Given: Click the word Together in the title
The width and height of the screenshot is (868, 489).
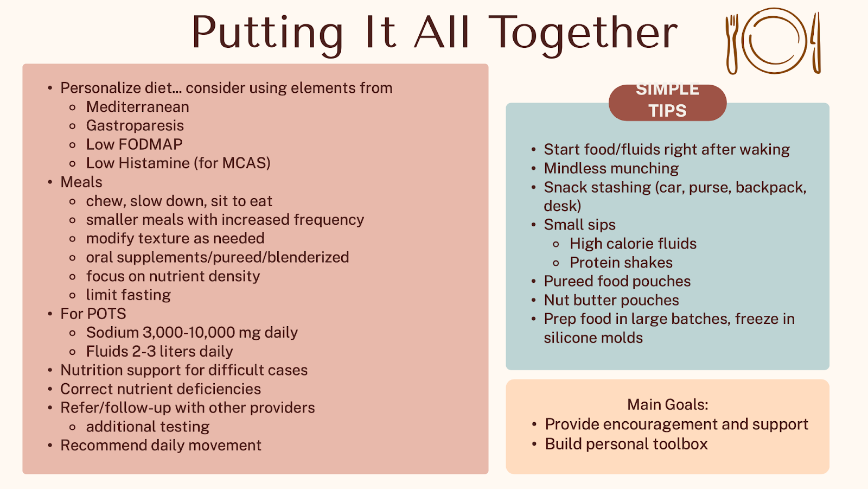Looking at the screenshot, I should [583, 33].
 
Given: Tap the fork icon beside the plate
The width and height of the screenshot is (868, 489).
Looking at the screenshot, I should [732, 43].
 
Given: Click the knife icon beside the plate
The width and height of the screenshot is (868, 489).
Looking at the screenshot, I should [815, 43].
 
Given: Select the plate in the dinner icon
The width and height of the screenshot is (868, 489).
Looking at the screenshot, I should [774, 41].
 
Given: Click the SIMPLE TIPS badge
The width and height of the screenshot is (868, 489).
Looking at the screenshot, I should [667, 102].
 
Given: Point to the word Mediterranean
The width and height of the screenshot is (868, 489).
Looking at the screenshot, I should [137, 107].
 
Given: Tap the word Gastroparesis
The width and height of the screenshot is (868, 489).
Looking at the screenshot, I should [135, 125].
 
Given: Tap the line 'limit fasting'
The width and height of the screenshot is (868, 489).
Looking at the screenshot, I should [128, 295].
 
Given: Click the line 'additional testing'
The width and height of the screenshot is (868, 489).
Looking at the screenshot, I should [148, 427].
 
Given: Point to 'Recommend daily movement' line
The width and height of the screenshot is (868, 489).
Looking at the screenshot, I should [161, 446].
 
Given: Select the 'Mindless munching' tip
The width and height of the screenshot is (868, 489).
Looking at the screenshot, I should [611, 169].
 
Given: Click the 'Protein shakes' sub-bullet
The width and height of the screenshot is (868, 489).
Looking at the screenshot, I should [621, 263].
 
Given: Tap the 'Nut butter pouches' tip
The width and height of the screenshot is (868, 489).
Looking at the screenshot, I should [611, 300].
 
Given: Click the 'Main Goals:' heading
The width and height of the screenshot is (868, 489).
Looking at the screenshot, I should [667, 405].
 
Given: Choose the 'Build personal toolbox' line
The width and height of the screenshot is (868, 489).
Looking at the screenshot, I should [626, 444].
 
